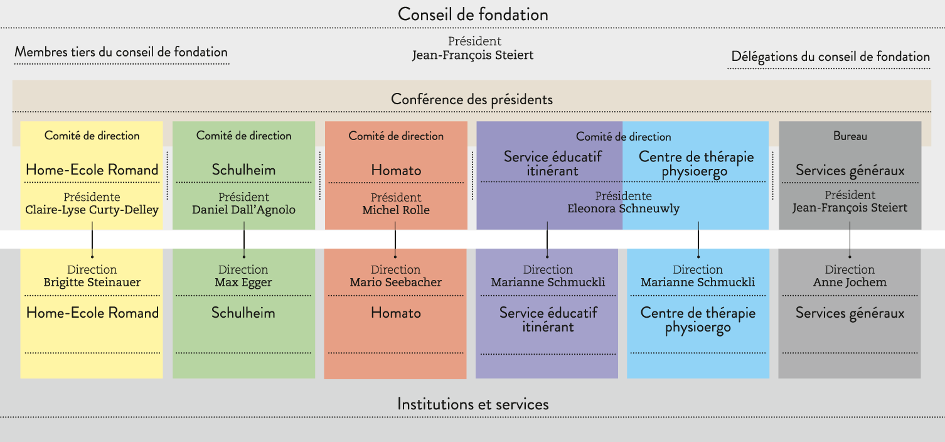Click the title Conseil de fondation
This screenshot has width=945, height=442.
click(472, 15)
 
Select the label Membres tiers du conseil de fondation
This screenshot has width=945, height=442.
click(121, 52)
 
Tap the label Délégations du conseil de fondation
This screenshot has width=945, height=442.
click(830, 57)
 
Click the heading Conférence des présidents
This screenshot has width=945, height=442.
click(472, 99)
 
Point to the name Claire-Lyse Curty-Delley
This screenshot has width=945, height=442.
click(92, 210)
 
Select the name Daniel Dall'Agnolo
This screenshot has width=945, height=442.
click(243, 210)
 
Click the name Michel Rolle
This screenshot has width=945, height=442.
click(396, 210)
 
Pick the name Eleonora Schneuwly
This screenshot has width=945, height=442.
click(623, 208)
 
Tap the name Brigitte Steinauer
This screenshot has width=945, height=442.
click(92, 283)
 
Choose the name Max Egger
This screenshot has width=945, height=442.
click(243, 283)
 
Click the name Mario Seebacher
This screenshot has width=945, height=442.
click(396, 282)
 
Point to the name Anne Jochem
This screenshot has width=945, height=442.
click(850, 282)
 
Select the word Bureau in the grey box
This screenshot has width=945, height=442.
click(850, 136)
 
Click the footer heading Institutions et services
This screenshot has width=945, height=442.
click(472, 404)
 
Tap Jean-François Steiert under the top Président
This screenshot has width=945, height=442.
click(472, 55)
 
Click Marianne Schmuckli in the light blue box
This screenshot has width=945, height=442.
click(698, 282)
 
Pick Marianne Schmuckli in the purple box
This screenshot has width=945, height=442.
click(548, 282)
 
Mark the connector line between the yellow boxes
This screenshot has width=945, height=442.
click(92, 239)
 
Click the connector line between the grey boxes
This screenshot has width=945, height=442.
click(850, 239)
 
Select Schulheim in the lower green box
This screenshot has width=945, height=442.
click(243, 313)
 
